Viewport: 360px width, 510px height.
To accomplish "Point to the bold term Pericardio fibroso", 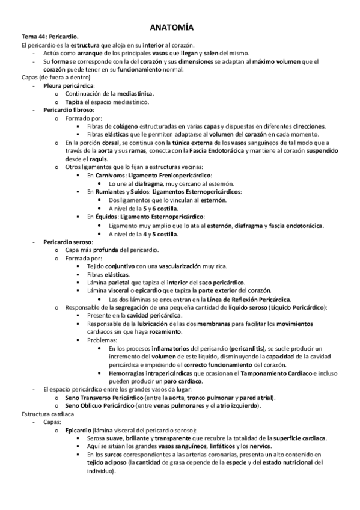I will point(68,111).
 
